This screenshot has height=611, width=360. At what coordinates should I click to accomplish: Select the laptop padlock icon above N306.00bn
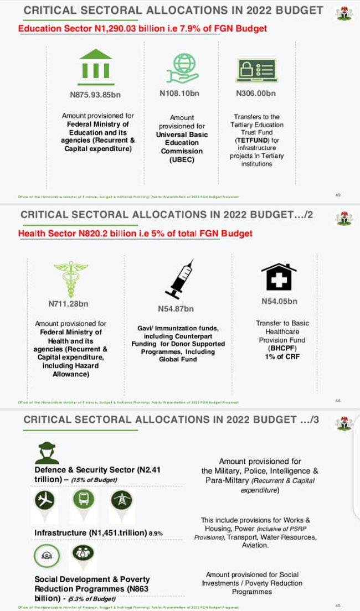pyautogui.click(x=255, y=71)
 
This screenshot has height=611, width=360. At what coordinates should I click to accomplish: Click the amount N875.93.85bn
pyautogui.click(x=95, y=95)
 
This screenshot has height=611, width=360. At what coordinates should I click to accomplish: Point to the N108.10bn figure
pyautogui.click(x=179, y=94)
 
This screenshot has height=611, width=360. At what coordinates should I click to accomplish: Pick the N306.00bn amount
pyautogui.click(x=255, y=94)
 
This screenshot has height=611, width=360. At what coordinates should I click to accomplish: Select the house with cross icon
pyautogui.click(x=279, y=277)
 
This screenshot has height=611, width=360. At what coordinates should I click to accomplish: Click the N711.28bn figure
pyautogui.click(x=68, y=304)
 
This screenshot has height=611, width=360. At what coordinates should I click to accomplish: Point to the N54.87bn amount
pyautogui.click(x=176, y=308)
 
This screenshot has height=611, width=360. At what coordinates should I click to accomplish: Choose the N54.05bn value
pyautogui.click(x=279, y=302)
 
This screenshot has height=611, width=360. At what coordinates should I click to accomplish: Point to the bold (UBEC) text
pyautogui.click(x=182, y=159)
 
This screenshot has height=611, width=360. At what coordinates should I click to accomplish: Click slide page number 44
pyautogui.click(x=338, y=400)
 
